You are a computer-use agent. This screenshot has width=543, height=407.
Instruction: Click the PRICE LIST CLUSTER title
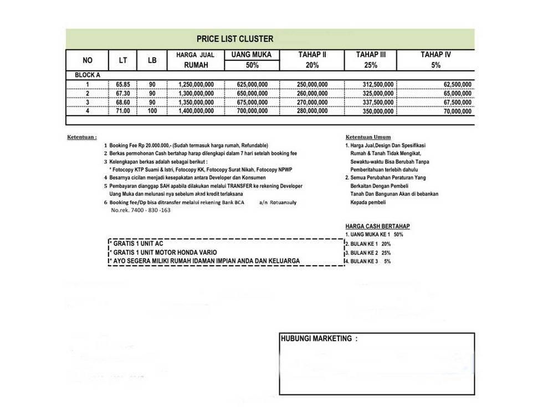pyautogui.click(x=234, y=39)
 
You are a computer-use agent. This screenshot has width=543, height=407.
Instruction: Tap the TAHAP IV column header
pyautogui.click(x=436, y=55)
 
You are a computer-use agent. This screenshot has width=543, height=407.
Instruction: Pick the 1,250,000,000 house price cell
pyautogui.click(x=196, y=85)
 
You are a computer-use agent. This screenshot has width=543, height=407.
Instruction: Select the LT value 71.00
pyautogui.click(x=123, y=111)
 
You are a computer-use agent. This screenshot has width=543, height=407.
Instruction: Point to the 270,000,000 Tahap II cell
pyautogui.click(x=312, y=102)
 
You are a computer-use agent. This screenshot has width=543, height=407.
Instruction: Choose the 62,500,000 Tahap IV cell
pyautogui.click(x=458, y=85)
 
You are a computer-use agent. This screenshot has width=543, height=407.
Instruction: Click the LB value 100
pyautogui.click(x=152, y=111)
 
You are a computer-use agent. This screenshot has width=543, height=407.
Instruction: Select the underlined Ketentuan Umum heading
pyautogui.click(x=368, y=137)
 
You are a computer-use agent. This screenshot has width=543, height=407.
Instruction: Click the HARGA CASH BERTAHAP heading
pyautogui.click(x=377, y=226)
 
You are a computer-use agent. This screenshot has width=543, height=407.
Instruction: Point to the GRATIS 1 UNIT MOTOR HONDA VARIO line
pyautogui.click(x=164, y=252)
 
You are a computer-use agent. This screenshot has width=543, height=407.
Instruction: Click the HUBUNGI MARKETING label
pyautogui.click(x=319, y=338)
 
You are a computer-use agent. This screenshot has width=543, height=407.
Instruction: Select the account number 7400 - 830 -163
pyautogui.click(x=141, y=210)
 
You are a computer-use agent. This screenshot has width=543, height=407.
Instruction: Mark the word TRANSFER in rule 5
pyautogui.click(x=239, y=186)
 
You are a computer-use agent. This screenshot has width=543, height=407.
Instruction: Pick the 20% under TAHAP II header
pyautogui.click(x=312, y=65)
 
